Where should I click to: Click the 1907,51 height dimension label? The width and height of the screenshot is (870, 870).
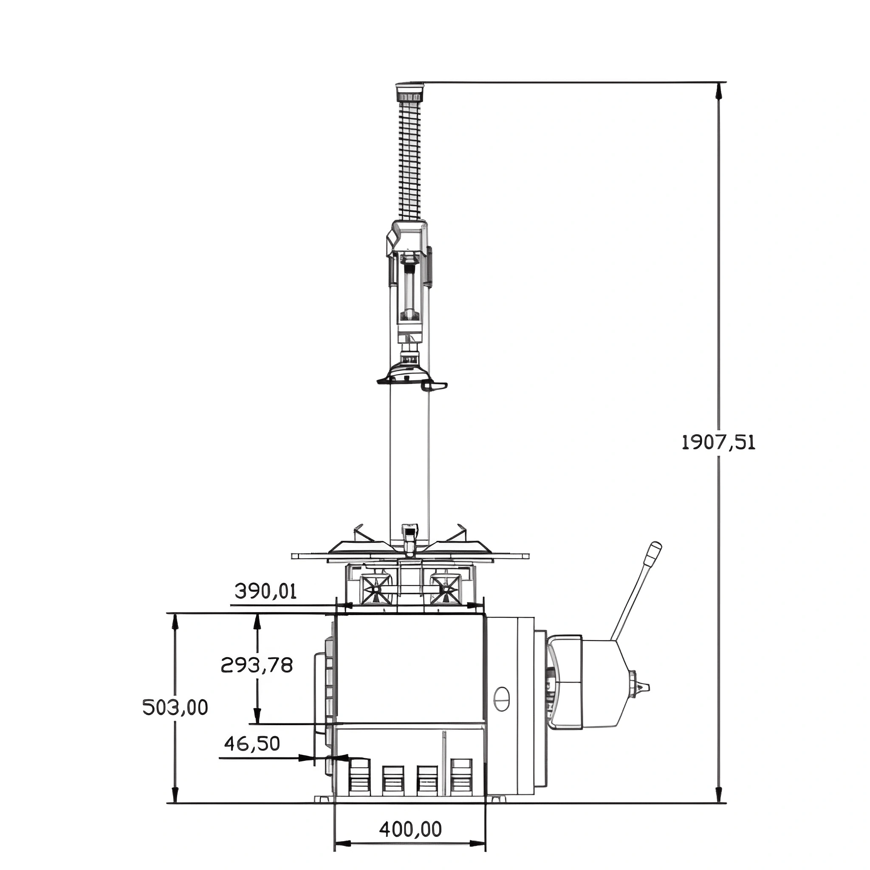pos(718,443)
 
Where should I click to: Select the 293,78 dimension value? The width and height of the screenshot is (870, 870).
pos(257,665)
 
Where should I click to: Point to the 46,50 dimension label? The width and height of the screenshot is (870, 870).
pos(252,743)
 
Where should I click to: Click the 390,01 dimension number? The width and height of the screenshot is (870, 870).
pos(266,591)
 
